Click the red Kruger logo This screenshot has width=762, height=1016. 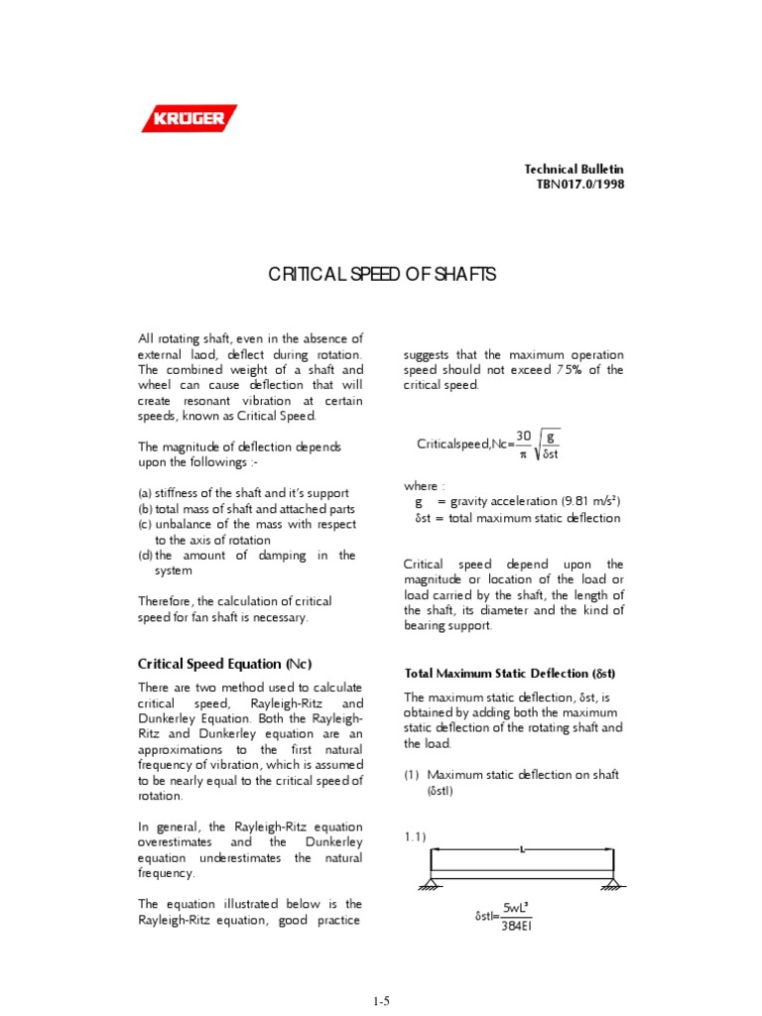(x=189, y=120)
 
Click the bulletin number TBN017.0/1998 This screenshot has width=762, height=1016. (x=574, y=185)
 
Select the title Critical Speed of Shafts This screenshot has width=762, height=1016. (x=382, y=274)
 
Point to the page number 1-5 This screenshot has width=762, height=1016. (x=381, y=1002)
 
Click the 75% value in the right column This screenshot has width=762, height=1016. (x=573, y=370)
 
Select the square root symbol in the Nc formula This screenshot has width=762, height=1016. (x=548, y=444)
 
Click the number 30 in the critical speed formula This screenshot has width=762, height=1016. (x=524, y=435)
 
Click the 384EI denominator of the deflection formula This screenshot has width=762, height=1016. (x=517, y=927)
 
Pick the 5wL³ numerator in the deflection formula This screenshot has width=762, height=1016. (x=517, y=908)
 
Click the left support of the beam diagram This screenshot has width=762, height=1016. (x=431, y=884)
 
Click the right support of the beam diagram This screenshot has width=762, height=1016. (x=613, y=884)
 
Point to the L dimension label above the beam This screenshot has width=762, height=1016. (x=522, y=849)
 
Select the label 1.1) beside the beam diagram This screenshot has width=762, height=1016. (x=415, y=837)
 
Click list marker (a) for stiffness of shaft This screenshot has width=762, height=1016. (x=145, y=493)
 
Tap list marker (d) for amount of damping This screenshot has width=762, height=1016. (x=145, y=556)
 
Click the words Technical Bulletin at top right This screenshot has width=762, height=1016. (x=574, y=170)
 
